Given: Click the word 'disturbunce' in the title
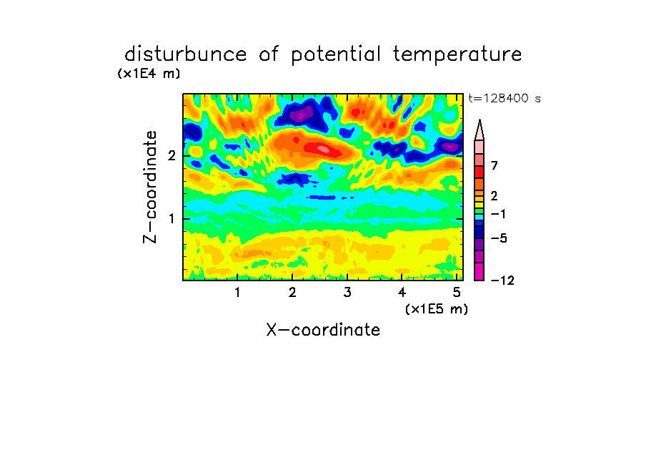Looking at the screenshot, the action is coord(186,54).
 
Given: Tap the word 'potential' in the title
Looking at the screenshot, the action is coord(336,55).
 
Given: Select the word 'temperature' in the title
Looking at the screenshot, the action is coord(457,55).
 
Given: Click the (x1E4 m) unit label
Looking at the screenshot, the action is coord(149,74).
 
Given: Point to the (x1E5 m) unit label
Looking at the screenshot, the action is coord(437,308).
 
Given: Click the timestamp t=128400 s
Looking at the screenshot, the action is coord(505,98).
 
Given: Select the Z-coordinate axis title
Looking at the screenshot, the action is coord(149,187).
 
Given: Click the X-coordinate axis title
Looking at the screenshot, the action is coord(323,330).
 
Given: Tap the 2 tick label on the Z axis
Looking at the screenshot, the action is coord(172,156).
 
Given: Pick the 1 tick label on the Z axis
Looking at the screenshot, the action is coord(172,219).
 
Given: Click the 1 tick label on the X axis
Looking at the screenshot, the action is coord(237,293).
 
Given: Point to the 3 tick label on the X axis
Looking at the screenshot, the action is coord(347,293).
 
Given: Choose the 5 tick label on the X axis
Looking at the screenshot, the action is coord(457,293).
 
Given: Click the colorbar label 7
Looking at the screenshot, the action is coord(495,166).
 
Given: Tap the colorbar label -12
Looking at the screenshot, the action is coord(502,281).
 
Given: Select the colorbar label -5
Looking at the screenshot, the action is coord(499,238).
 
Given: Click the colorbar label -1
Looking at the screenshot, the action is coord(498,214).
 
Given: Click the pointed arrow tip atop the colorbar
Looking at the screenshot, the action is coord(479,120).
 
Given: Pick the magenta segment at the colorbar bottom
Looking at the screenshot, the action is coord(479,271).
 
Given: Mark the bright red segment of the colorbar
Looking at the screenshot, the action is coord(479,172).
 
